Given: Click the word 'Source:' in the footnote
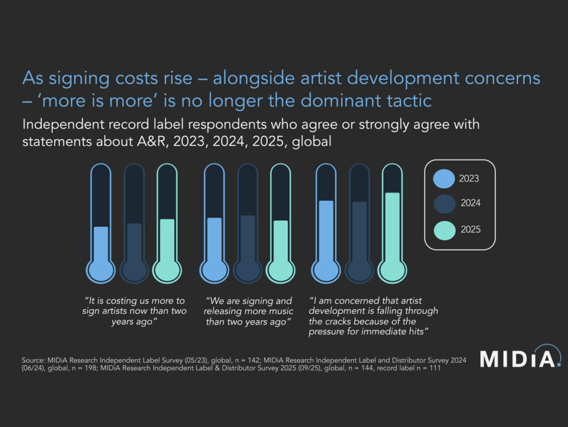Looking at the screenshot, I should coord(32,360).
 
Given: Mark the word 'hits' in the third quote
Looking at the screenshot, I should coord(424,332).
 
